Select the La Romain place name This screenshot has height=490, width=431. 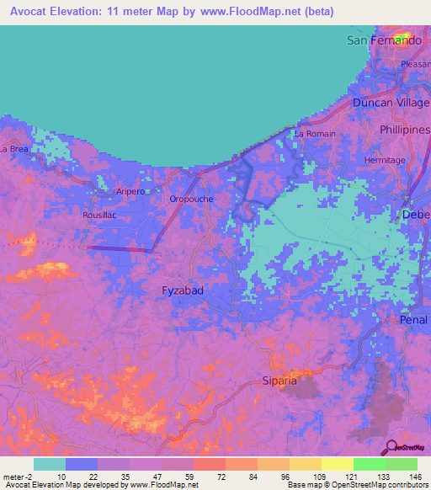[315, 134]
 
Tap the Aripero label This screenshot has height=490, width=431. [130, 191]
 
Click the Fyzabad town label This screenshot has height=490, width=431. [183, 290]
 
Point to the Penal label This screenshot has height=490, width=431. [414, 320]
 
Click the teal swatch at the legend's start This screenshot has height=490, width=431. [50, 464]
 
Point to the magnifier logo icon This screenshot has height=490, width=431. [391, 447]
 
